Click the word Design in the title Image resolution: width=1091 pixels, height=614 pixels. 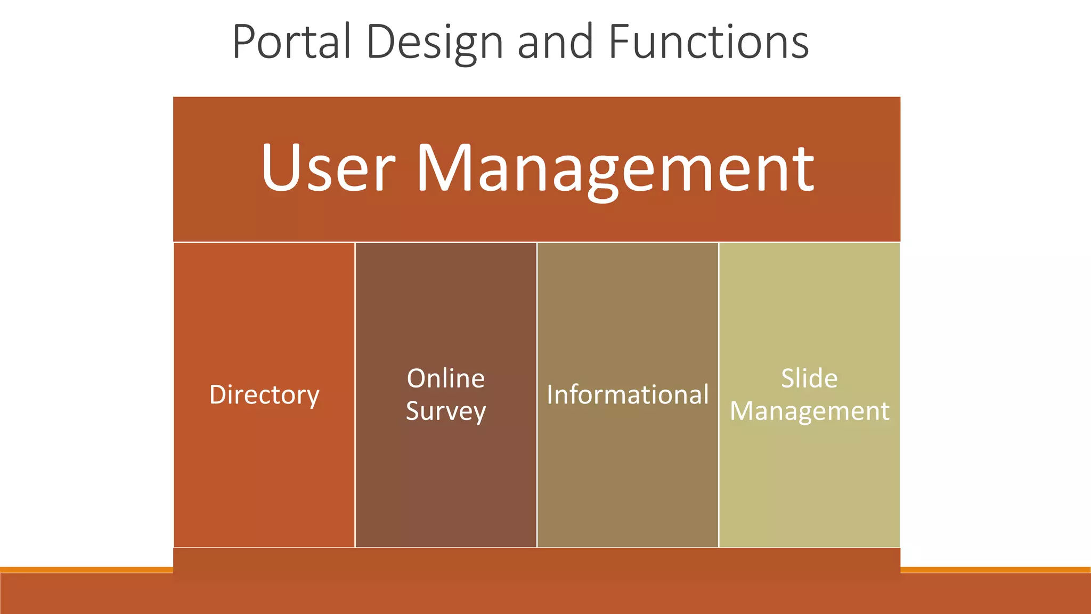click(435, 43)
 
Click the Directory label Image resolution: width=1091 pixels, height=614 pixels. click(264, 395)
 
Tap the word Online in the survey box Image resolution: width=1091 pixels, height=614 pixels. click(446, 378)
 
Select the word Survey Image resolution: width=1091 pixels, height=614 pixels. click(446, 411)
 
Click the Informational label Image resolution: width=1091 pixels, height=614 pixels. click(628, 395)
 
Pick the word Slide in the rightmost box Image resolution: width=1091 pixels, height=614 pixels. click(809, 378)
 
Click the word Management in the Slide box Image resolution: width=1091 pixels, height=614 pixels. click(809, 411)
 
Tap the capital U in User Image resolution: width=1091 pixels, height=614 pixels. click(282, 167)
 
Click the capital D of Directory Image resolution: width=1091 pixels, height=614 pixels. click(218, 395)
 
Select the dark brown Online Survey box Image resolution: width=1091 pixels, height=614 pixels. click(446, 480)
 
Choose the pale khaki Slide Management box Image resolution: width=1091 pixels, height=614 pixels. click(809, 480)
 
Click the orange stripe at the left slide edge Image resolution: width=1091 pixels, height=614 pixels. click(85, 570)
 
